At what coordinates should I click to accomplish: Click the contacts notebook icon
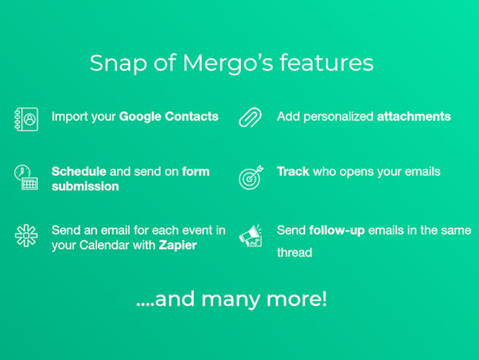(27, 119)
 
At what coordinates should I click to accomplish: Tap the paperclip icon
(250, 117)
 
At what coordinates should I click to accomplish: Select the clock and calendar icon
(27, 177)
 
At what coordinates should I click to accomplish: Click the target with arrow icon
(251, 177)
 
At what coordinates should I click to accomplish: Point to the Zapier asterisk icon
(27, 235)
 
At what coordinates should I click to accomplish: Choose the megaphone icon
(250, 235)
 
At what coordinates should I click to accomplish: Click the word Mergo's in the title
(228, 63)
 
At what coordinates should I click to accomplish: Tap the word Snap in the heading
(119, 64)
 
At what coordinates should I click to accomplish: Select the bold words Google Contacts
(169, 116)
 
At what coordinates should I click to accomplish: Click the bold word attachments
(414, 116)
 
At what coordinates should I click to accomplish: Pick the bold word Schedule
(79, 171)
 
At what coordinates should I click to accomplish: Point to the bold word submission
(85, 186)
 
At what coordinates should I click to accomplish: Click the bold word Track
(293, 171)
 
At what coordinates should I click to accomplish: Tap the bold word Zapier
(177, 245)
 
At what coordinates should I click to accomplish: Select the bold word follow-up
(337, 231)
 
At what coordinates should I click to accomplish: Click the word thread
(294, 253)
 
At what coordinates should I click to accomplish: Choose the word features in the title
(327, 62)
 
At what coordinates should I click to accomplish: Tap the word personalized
(338, 117)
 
